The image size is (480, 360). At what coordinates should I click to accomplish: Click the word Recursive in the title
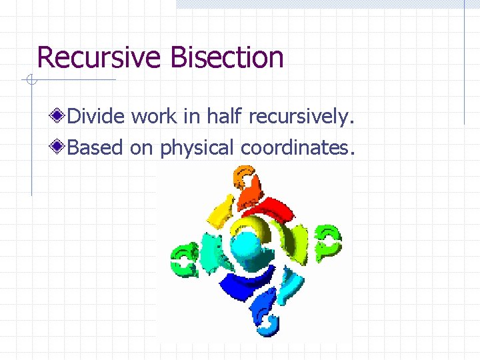[100, 57]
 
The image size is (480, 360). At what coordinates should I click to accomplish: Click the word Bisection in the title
[227, 57]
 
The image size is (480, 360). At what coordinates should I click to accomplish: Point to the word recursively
[300, 117]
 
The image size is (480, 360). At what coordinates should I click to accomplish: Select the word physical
[197, 148]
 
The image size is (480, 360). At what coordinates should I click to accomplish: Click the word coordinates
[295, 148]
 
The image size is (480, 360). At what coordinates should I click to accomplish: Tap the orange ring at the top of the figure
[243, 180]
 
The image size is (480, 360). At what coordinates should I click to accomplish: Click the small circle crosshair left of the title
[30, 81]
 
